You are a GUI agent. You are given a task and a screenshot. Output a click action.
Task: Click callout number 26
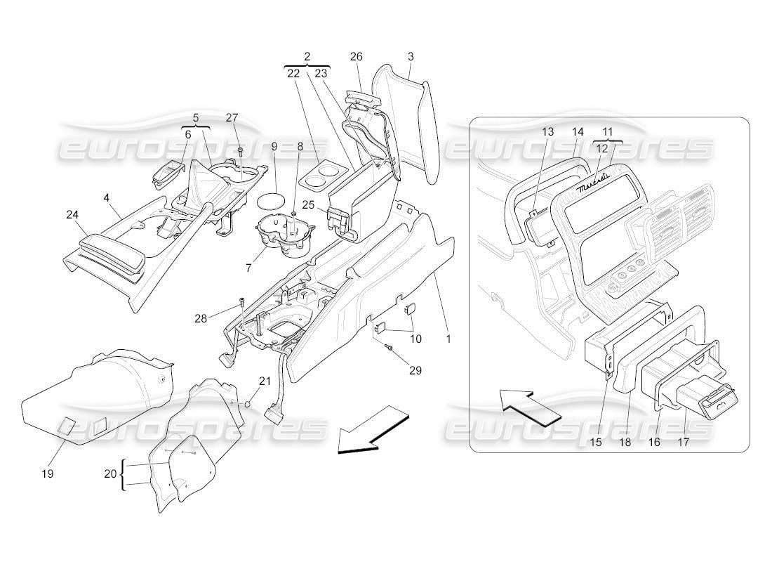tap(357, 56)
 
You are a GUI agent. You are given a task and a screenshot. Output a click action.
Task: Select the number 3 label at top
tap(411, 56)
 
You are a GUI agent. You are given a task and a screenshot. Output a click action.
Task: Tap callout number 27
tap(232, 117)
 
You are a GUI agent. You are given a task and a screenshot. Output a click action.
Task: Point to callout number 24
tap(72, 216)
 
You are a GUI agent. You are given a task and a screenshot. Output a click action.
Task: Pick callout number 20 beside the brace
tap(109, 473)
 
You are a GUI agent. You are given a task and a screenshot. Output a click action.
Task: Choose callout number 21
tap(265, 381)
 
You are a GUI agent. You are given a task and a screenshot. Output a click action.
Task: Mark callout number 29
tap(415, 370)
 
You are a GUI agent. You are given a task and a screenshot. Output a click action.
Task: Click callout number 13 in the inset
tap(548, 131)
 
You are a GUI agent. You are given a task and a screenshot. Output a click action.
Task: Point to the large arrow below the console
tap(372, 431)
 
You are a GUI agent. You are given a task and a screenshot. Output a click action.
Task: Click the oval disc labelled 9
tap(271, 200)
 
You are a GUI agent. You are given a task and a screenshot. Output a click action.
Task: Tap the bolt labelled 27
tap(241, 150)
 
